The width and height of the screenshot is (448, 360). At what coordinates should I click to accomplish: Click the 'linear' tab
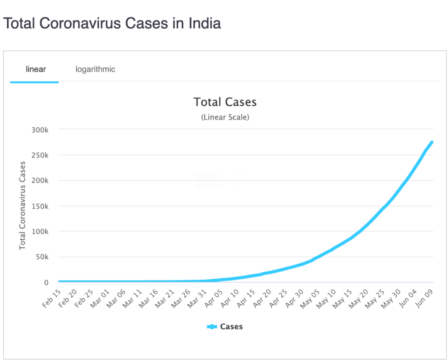point(36,69)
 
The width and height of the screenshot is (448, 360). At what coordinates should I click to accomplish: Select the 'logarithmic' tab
point(95,69)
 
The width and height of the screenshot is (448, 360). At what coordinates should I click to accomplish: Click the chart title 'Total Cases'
point(225,102)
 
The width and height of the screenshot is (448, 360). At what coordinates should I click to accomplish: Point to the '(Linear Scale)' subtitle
point(225,117)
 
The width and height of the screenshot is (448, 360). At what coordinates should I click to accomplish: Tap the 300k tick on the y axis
point(41,130)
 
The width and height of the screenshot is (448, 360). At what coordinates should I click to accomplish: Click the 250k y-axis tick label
point(41,155)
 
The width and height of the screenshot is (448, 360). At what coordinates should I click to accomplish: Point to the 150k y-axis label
point(41,206)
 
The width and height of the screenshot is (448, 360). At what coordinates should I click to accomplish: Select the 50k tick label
point(42,257)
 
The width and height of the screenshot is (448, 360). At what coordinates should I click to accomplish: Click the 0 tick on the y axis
point(46,283)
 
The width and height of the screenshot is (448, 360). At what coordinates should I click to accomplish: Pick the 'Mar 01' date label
point(100,299)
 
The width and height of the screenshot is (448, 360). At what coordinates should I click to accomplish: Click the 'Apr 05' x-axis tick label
point(212,299)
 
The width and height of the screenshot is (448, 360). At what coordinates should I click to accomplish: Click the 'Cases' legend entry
point(231,327)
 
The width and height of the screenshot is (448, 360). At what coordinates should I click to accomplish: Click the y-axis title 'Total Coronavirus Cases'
point(22,206)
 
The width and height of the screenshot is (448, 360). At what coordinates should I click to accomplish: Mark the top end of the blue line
point(431,143)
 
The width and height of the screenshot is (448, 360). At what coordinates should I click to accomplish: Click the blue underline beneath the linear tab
point(34,82)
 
